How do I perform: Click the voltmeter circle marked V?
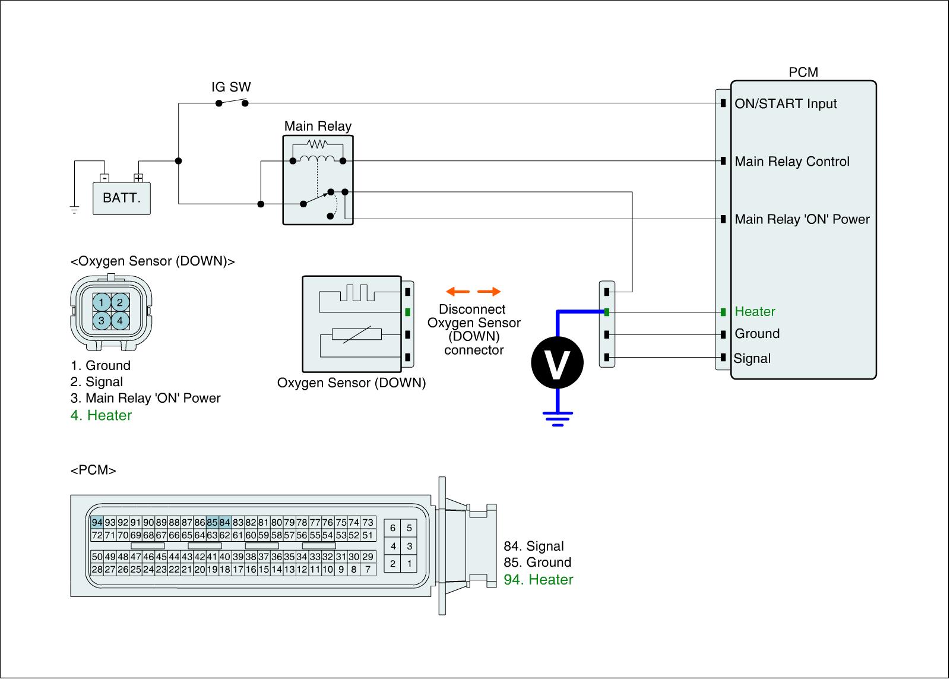tap(557, 362)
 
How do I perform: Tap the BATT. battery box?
tap(122, 198)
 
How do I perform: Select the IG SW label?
tap(231, 87)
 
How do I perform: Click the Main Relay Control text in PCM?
tap(791, 162)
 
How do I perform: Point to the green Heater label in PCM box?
tap(755, 311)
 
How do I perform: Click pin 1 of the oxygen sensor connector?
tap(102, 303)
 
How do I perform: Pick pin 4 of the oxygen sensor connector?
tap(120, 321)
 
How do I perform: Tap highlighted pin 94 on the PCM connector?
tap(97, 523)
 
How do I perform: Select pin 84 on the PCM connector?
tap(224, 523)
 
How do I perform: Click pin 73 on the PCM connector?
tap(368, 523)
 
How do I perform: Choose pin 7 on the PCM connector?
tap(368, 570)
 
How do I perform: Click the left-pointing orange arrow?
tap(458, 291)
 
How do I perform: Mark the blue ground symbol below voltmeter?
tap(557, 418)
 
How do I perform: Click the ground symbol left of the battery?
tap(74, 209)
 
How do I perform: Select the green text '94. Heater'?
tap(538, 579)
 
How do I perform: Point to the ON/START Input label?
tap(786, 104)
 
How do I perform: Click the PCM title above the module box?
tap(803, 72)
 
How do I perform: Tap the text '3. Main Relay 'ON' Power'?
tap(145, 398)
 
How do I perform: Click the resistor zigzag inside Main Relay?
tap(318, 144)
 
